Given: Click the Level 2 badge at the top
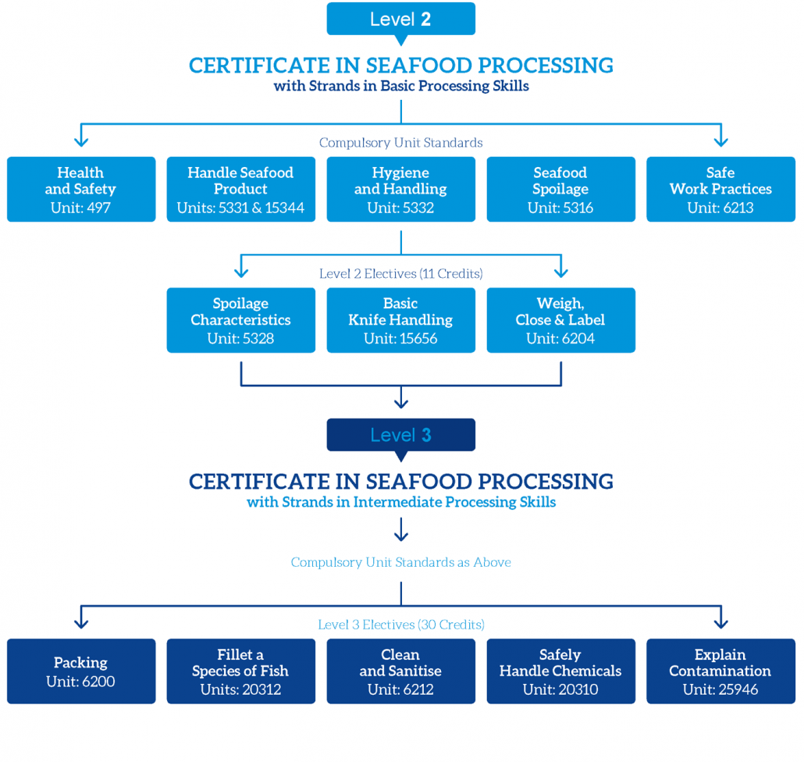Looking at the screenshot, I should (x=400, y=20).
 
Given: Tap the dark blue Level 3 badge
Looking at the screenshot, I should (x=400, y=435).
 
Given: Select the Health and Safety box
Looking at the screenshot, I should (x=80, y=190).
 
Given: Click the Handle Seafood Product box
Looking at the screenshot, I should (x=240, y=190).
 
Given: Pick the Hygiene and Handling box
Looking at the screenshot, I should (x=400, y=190).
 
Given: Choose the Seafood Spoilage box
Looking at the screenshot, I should (x=560, y=190).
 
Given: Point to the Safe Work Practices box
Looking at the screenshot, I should (x=720, y=190).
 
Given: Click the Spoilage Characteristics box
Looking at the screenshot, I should (x=240, y=320).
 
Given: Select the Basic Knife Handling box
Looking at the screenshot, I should (x=400, y=320).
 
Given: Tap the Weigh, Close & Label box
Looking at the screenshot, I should (x=560, y=320).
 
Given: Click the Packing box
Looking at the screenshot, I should (x=80, y=671).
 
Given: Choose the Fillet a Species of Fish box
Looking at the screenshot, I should (x=240, y=671).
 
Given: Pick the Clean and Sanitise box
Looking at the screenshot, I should (x=400, y=671).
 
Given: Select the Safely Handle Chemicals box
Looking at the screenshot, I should (x=560, y=671).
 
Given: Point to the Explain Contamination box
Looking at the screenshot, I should (x=720, y=671).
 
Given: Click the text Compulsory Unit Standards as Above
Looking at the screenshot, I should (x=400, y=562).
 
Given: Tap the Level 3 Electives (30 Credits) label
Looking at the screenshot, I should (x=400, y=625).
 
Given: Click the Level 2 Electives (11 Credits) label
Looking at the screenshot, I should (x=400, y=274).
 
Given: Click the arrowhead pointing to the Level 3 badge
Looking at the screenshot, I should (x=400, y=403).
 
